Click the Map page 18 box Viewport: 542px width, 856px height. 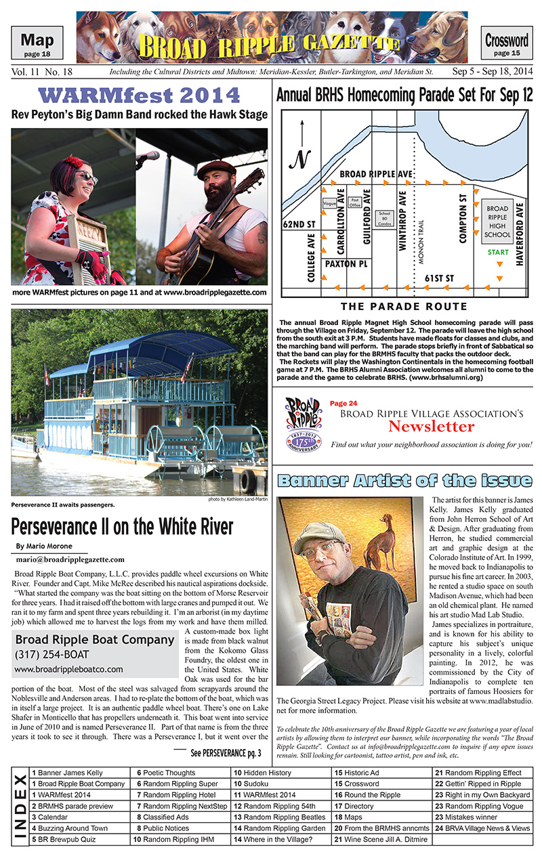pos(37,45)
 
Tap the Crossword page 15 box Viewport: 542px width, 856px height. pos(506,45)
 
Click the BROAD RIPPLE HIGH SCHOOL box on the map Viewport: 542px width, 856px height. pos(497,221)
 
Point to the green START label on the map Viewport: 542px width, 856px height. pos(498,253)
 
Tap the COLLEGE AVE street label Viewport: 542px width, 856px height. pos(311,257)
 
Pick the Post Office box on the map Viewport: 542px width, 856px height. pos(354,201)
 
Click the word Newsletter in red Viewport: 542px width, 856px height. pos(431,427)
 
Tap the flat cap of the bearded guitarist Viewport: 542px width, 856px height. pos(216,167)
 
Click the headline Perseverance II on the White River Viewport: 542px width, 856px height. pos(122,526)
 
